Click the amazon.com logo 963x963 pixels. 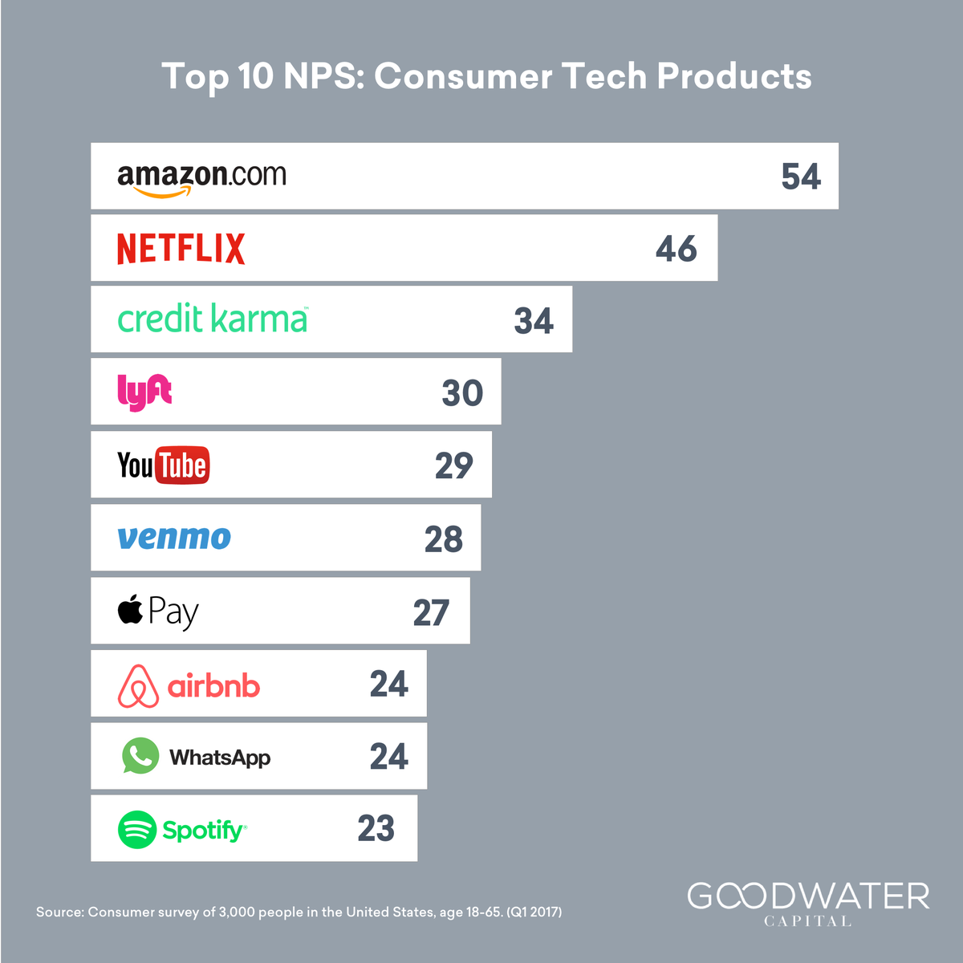point(201,180)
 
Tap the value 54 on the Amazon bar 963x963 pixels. point(801,177)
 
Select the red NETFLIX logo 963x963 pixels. point(181,248)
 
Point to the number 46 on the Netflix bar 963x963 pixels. point(677,248)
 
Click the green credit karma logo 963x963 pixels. point(213,319)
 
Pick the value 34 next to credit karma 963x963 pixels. point(534,320)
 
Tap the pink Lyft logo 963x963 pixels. point(144,392)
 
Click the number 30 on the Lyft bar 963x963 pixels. point(462,392)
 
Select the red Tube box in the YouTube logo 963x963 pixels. point(182,465)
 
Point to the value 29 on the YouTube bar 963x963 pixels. point(453,465)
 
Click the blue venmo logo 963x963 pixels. point(174,538)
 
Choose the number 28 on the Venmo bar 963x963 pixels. point(444,539)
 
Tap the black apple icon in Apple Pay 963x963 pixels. point(130,609)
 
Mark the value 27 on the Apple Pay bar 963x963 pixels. point(431,612)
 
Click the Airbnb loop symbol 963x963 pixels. point(138,686)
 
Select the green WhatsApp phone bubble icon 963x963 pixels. point(140,756)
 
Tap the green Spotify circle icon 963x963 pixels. point(137,830)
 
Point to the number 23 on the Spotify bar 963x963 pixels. point(376,828)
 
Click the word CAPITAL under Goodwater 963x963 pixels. point(807,921)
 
